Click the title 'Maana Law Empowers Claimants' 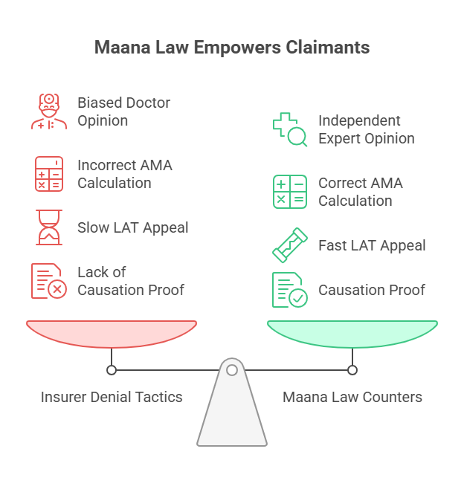click(x=232, y=48)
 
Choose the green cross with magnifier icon click(x=289, y=129)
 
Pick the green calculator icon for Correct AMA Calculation click(x=289, y=192)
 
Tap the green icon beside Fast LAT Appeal click(x=289, y=245)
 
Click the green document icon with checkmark click(x=289, y=290)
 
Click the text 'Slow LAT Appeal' click(x=133, y=227)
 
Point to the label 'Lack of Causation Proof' click(x=131, y=281)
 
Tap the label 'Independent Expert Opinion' click(x=367, y=129)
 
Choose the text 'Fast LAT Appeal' click(x=372, y=245)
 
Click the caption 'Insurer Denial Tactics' click(x=112, y=397)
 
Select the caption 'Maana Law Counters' click(x=352, y=397)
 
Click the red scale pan click(x=112, y=333)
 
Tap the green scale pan click(x=352, y=333)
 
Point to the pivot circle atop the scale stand click(x=232, y=369)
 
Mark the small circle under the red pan click(x=112, y=369)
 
